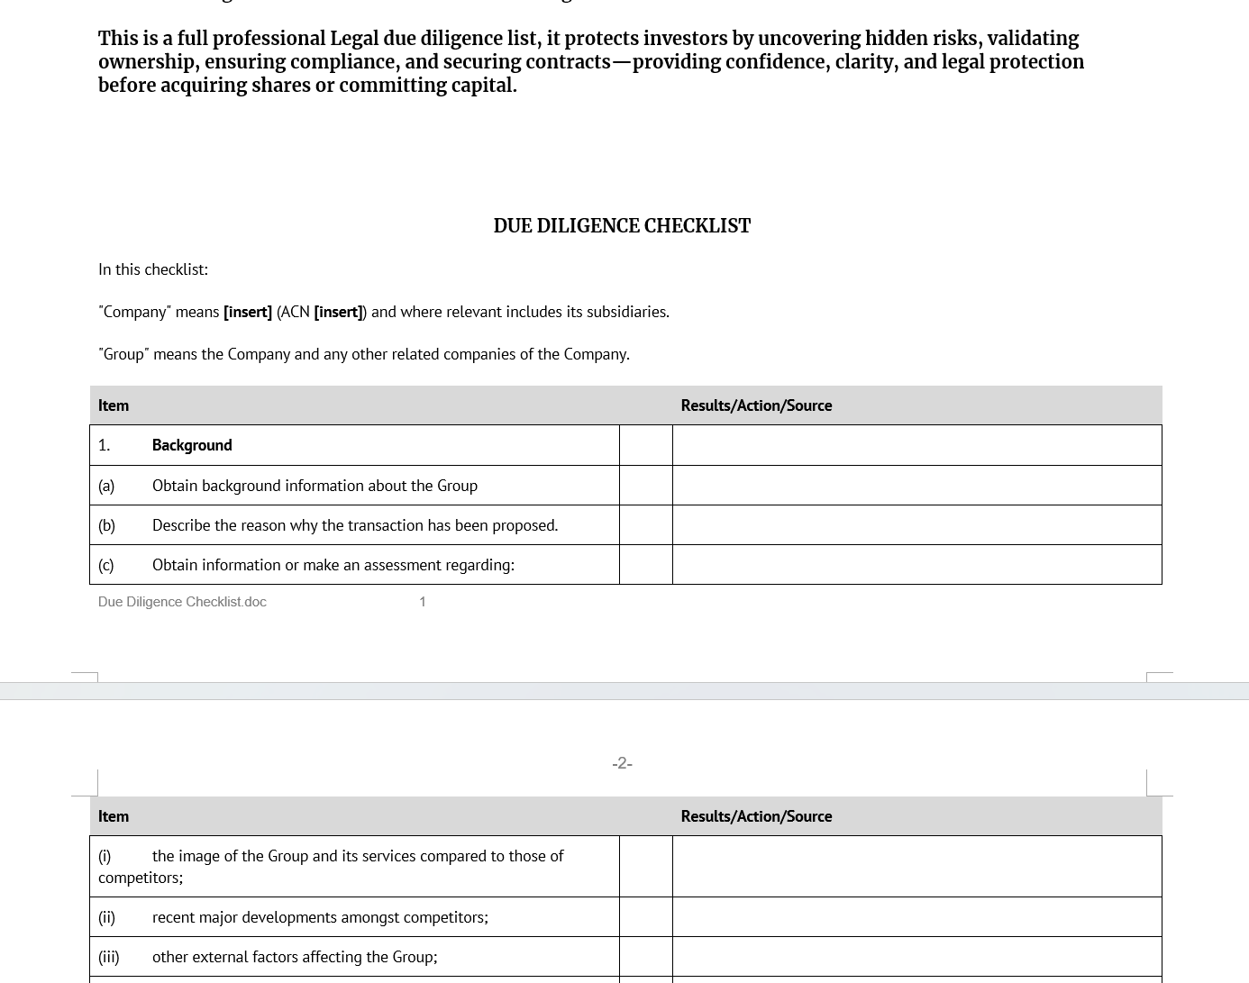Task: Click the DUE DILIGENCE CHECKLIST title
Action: [622, 226]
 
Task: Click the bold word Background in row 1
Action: [192, 445]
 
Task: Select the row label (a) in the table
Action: [106, 486]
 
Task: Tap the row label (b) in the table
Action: [106, 525]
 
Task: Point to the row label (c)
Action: [106, 565]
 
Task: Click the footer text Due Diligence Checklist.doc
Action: [182, 602]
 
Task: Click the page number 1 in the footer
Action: [422, 602]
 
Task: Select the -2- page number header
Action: [622, 763]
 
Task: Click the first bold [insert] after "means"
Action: [248, 312]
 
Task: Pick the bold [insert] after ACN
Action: [338, 312]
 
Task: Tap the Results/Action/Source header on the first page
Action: [756, 405]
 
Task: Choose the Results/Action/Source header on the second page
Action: [756, 816]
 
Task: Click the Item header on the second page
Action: [114, 816]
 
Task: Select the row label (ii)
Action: [106, 917]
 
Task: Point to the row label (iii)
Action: [108, 957]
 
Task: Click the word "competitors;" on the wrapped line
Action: [141, 878]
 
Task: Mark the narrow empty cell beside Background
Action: [646, 445]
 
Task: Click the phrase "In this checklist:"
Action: [153, 269]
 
